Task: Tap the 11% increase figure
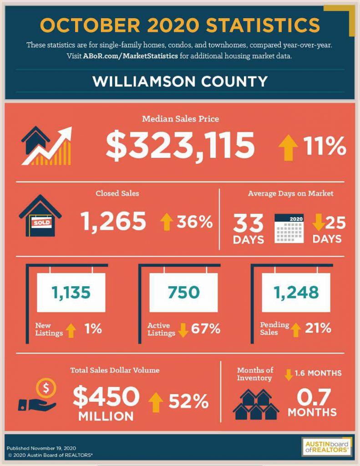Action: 325,146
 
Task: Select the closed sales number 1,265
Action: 113,221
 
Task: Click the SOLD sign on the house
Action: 41,223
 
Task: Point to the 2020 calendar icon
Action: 289,228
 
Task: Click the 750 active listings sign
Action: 183,293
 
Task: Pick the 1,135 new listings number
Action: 71,293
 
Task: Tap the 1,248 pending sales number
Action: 296,293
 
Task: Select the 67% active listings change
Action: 206,329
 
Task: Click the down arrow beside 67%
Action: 183,330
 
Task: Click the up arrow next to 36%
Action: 167,222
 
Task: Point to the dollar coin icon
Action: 46,388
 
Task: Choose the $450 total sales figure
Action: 106,396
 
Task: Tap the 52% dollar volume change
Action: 189,401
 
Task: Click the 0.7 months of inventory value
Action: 314,397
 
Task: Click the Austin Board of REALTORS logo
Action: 326,447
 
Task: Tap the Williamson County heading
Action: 180,81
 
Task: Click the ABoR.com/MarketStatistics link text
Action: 131,56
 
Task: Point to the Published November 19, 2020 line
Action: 41,448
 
